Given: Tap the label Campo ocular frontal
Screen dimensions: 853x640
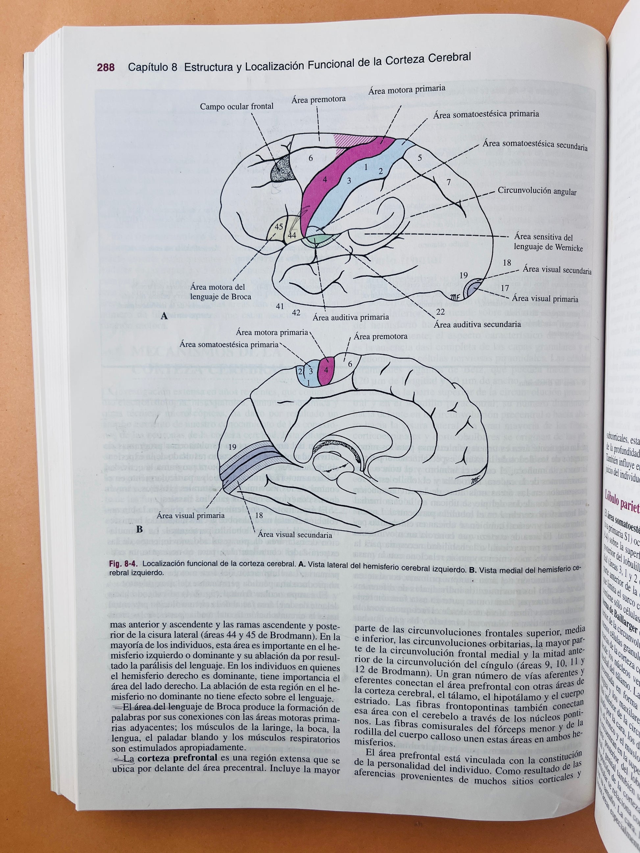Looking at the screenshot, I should pos(237,107).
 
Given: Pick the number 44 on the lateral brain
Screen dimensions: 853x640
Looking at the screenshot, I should pos(292,234).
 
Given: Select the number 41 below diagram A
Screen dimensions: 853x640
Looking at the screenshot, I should pos(280,306).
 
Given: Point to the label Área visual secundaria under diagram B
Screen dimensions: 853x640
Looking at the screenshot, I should pos(295,535).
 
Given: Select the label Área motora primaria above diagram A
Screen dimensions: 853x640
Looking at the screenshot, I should pos(406,89).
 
